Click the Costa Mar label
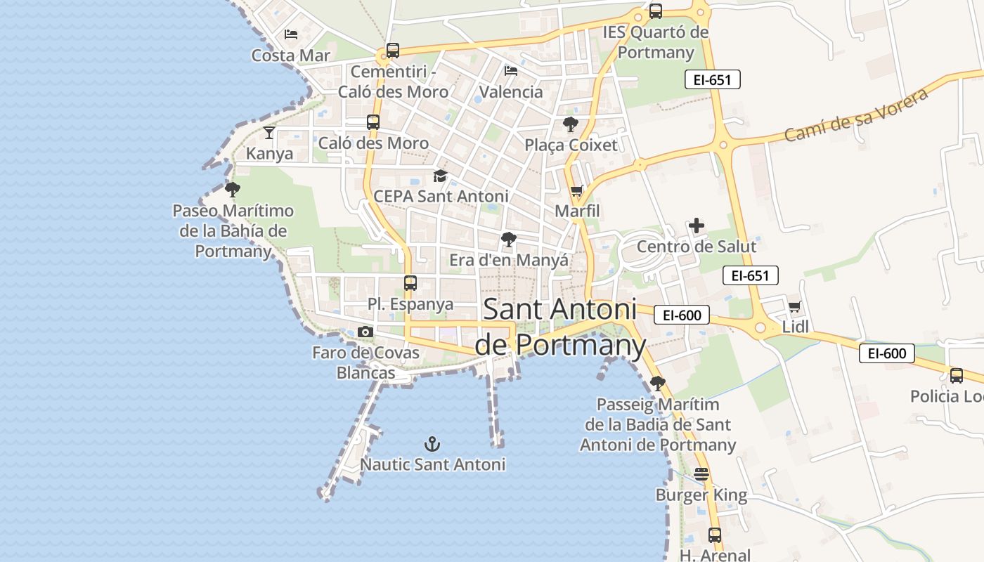[290, 55]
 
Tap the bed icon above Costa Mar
[291, 34]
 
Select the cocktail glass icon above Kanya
[269, 132]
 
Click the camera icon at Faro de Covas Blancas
[365, 332]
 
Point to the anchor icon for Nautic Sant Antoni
[432, 443]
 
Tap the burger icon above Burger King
[701, 474]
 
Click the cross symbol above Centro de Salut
[697, 226]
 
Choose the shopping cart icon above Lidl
[795, 306]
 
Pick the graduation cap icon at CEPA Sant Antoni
[440, 176]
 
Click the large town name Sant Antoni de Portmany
[559, 327]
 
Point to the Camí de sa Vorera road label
[855, 115]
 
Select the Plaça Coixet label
[571, 145]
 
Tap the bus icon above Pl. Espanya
[410, 283]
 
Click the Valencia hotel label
[511, 91]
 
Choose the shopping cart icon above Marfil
[577, 190]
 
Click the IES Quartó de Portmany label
[656, 42]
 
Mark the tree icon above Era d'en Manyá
[509, 240]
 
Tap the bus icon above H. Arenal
[715, 535]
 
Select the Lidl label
[796, 327]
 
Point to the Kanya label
[269, 153]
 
